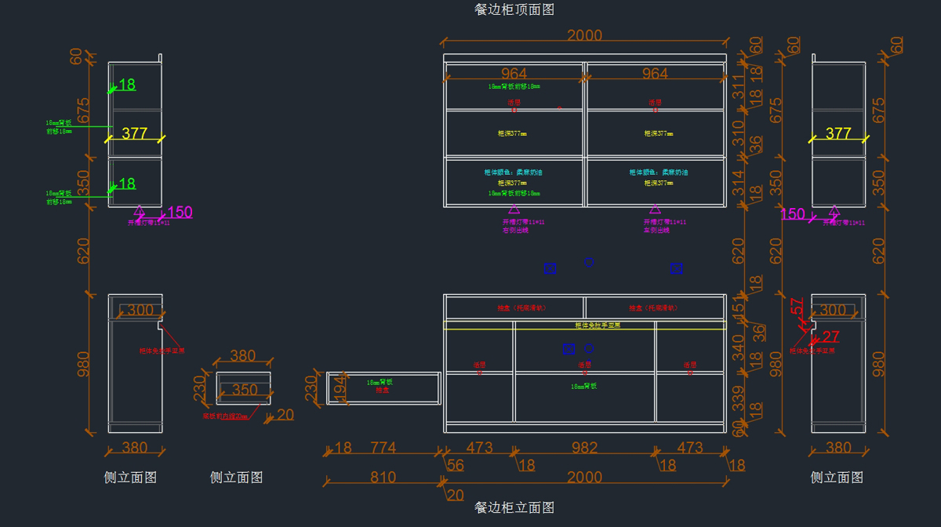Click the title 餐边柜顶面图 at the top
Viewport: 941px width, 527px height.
[514, 9]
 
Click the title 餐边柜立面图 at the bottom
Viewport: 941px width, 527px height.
[514, 507]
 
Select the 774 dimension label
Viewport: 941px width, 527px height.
[383, 448]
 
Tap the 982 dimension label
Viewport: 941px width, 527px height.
[584, 448]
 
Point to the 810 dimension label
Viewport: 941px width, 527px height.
[383, 477]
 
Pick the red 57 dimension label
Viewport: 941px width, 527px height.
[797, 307]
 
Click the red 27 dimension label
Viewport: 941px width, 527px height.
[831, 337]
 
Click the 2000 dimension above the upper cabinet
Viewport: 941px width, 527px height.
[584, 35]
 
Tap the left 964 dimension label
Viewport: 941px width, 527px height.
[514, 74]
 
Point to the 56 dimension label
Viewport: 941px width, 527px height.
[456, 465]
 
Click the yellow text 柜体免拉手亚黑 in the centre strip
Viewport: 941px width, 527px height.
[598, 325]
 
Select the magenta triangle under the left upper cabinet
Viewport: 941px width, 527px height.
[514, 209]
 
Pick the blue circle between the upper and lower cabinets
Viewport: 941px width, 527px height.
[589, 262]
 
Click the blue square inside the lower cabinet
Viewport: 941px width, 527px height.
[569, 347]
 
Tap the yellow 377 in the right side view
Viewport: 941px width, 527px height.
[838, 134]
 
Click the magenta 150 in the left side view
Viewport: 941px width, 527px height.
[180, 212]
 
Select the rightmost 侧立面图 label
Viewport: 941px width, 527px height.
[837, 477]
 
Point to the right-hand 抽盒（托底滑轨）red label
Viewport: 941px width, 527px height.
[653, 308]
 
